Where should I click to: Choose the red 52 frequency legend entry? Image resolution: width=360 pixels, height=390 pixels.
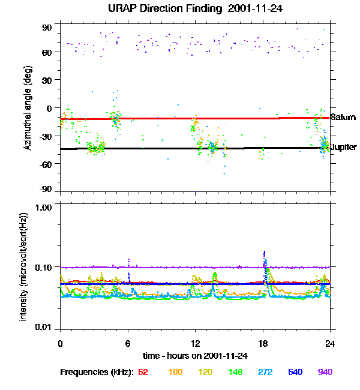click(143, 372)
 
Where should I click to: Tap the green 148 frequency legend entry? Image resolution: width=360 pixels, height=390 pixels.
click(235, 372)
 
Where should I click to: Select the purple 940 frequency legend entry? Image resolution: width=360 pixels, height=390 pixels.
click(325, 372)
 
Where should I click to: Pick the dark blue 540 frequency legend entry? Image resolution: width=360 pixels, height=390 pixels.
click(295, 372)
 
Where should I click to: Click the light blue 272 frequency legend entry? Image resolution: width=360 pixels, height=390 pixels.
click(265, 372)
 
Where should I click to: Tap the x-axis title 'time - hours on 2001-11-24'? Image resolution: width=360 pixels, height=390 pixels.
click(196, 355)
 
